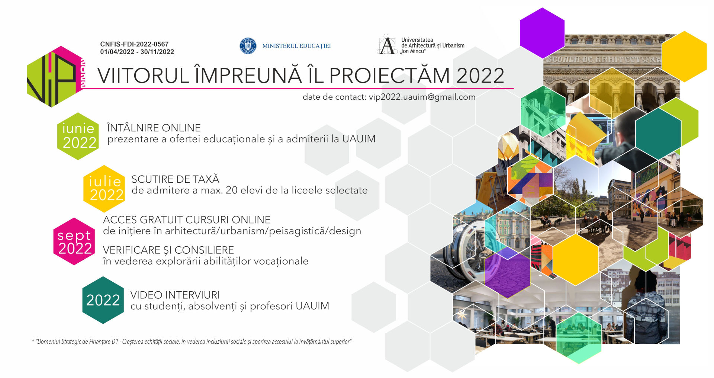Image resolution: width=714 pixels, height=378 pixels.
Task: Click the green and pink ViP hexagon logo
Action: click(x=56, y=77)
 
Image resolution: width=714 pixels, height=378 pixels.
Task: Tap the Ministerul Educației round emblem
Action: click(x=248, y=46)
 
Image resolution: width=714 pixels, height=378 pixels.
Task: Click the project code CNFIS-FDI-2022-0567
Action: click(x=134, y=44)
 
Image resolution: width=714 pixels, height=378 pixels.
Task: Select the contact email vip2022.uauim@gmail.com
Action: click(x=422, y=97)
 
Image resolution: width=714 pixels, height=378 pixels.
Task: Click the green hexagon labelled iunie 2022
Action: click(x=78, y=136)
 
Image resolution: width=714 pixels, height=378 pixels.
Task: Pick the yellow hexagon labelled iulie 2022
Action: click(x=104, y=189)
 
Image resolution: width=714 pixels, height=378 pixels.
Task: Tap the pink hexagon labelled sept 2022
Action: click(x=74, y=241)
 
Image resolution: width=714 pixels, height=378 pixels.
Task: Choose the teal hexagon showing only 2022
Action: click(x=103, y=300)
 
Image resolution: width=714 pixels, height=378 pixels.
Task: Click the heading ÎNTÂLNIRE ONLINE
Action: click(x=154, y=128)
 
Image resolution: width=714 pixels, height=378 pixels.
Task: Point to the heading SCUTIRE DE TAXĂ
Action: click(x=176, y=179)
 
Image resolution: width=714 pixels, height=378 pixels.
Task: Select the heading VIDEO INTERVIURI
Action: click(x=175, y=295)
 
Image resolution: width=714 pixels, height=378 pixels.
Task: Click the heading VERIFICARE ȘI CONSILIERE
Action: click(x=168, y=250)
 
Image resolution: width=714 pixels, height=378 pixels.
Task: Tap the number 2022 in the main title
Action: click(x=480, y=76)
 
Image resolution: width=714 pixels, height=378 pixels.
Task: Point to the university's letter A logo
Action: click(x=387, y=45)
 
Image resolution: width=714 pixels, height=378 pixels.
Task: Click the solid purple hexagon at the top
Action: click(x=542, y=33)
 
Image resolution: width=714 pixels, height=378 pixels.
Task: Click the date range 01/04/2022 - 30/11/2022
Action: click(x=137, y=52)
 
